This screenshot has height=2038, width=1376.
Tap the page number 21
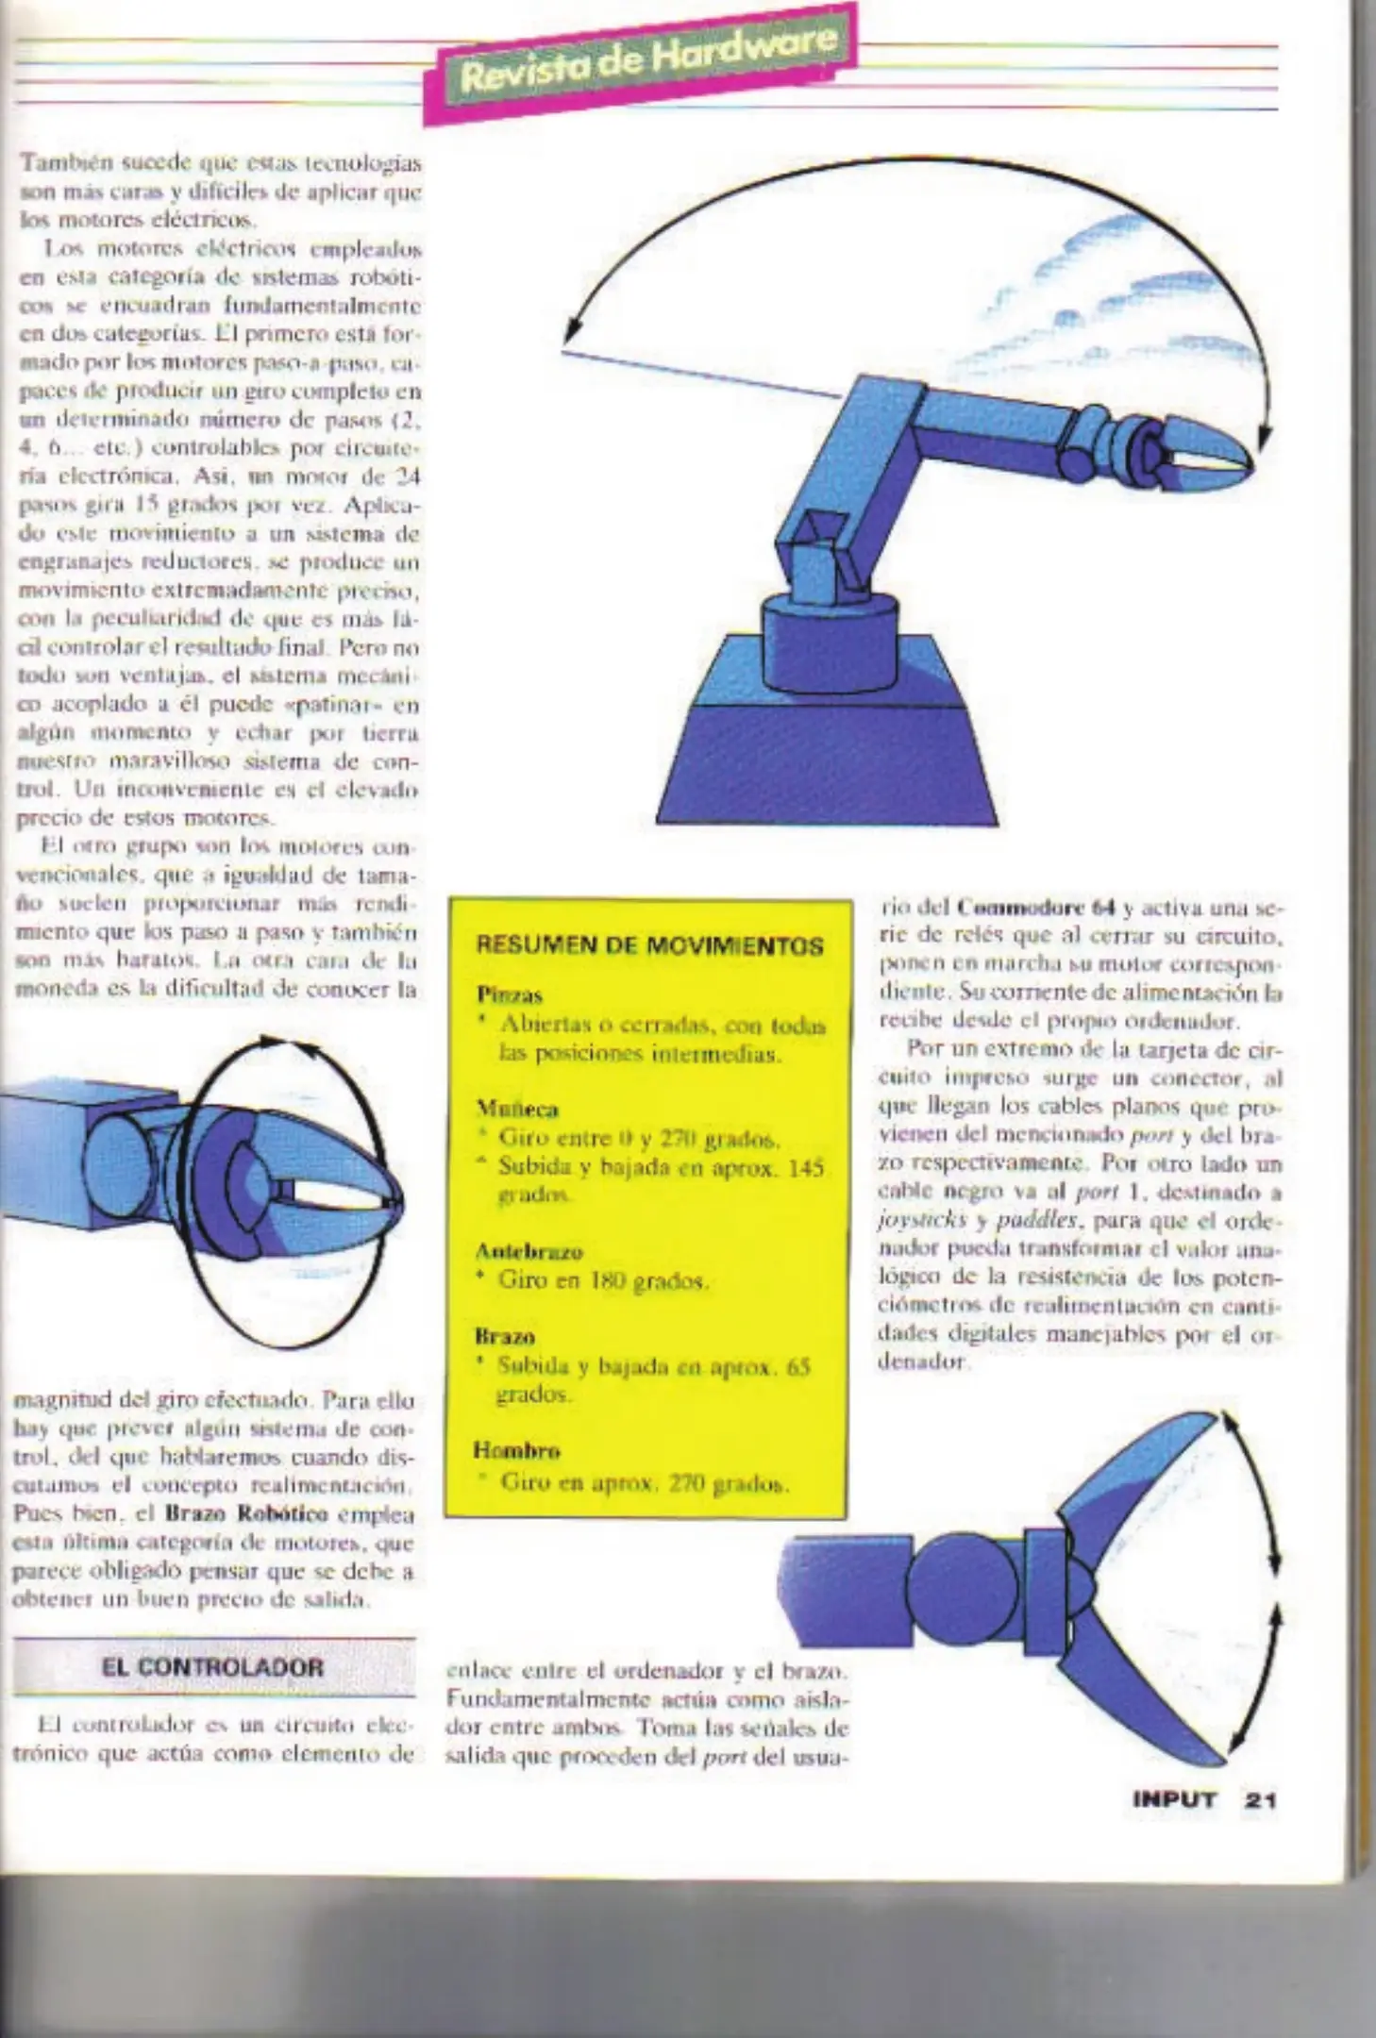coord(1261,1799)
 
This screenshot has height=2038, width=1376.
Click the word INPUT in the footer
coord(1174,1799)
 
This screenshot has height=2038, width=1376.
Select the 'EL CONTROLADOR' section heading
coord(214,1666)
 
